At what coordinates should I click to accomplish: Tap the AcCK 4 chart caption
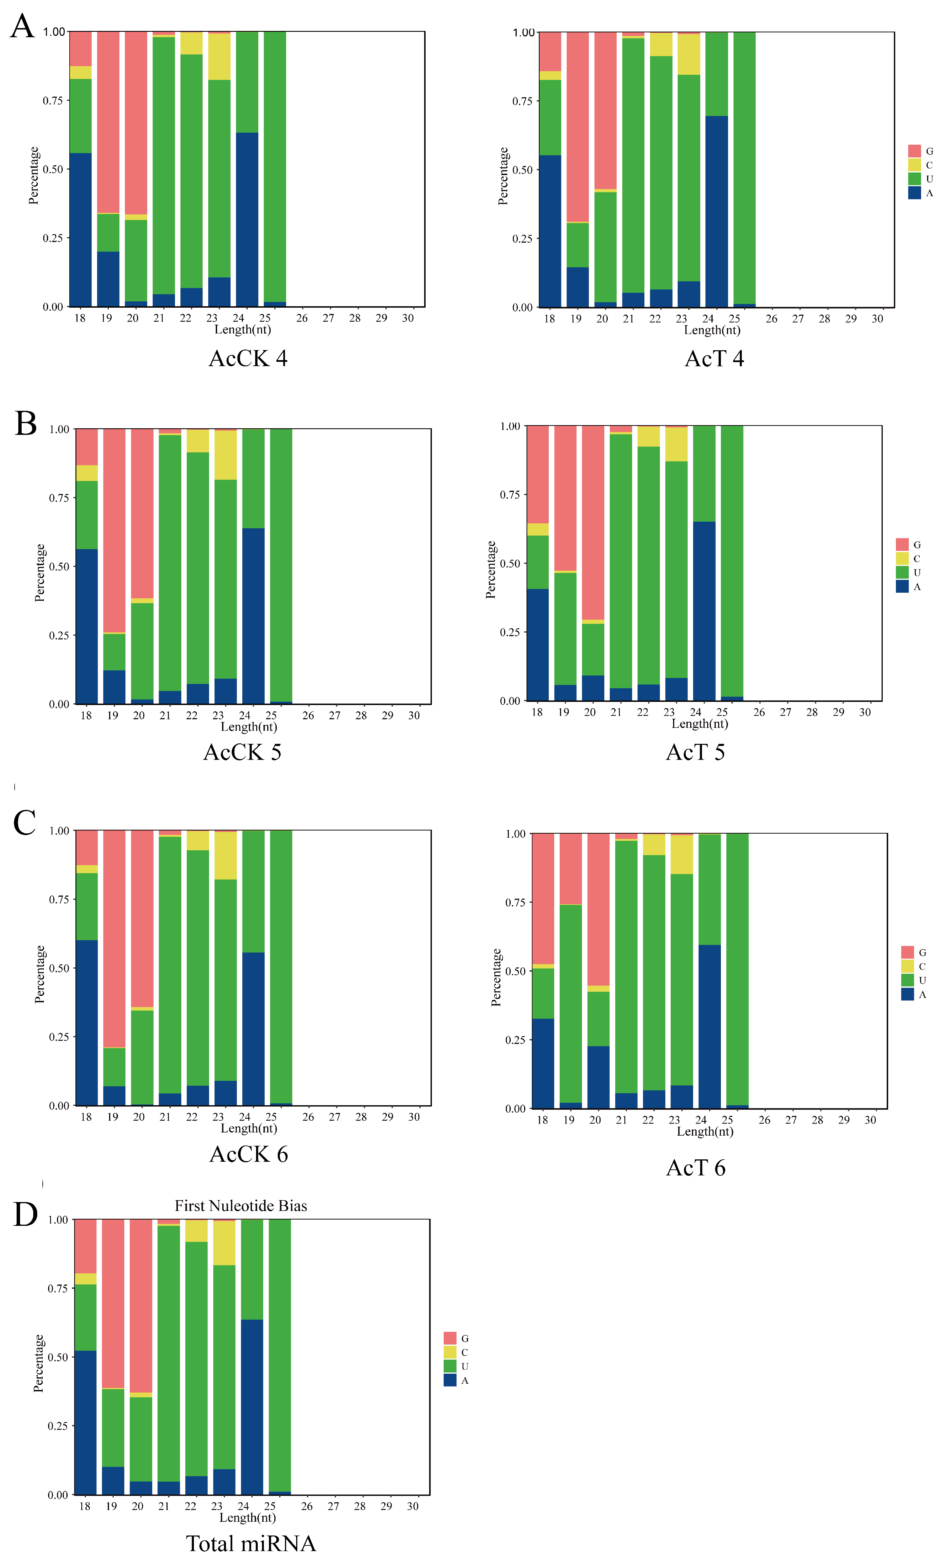coord(248,359)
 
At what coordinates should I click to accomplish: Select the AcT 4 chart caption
coord(714,359)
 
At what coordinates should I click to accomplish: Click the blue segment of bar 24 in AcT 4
coord(716,212)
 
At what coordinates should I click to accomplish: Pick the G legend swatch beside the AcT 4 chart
coord(914,151)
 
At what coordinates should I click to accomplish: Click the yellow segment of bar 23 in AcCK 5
coord(225,454)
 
